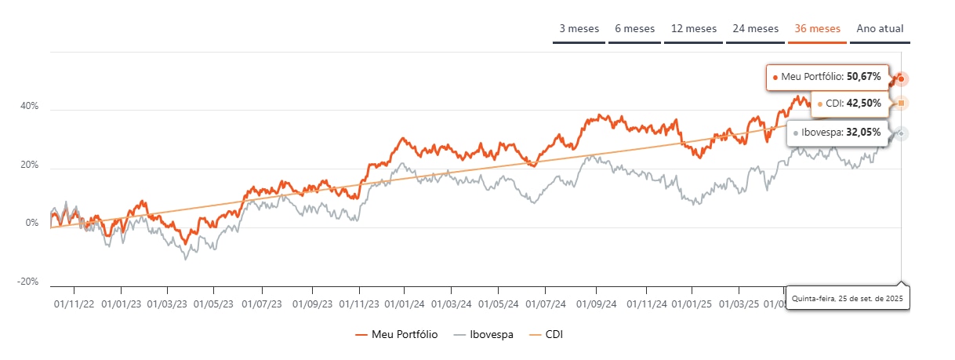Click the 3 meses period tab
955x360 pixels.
point(579,29)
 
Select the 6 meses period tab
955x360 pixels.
point(634,29)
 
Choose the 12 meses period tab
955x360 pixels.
point(694,29)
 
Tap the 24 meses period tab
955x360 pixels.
point(756,29)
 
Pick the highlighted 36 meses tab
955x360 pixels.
point(818,29)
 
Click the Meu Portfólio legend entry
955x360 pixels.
point(397,335)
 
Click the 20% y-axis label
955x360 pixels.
point(29,165)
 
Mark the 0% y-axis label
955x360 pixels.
point(31,224)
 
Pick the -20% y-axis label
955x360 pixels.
point(28,282)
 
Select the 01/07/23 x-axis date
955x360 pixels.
point(261,302)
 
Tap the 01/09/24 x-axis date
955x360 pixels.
point(597,302)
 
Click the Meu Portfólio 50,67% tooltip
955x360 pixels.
point(827,77)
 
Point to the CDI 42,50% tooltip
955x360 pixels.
point(849,103)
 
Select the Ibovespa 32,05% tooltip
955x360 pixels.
point(837,133)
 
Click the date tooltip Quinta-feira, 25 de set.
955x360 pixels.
point(848,299)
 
